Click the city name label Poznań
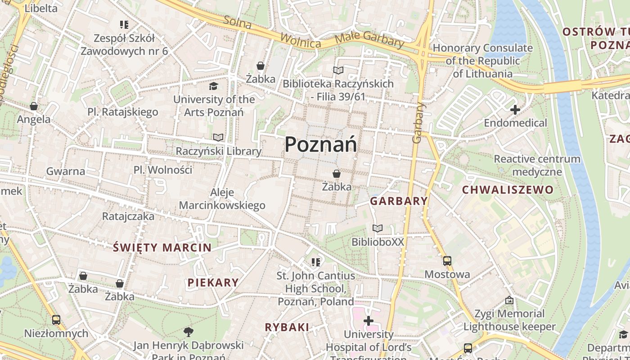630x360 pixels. pos(321,144)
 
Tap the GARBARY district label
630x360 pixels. pos(399,201)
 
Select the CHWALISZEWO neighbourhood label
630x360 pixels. pos(508,189)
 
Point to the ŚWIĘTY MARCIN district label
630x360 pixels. pos(162,247)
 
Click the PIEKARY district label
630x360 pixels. pos(213,283)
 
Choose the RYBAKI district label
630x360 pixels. pos(287,327)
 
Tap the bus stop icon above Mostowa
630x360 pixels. pos(447,261)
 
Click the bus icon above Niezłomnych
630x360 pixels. pos(56,320)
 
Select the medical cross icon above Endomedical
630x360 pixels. pos(515,109)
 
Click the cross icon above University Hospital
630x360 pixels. pos(369,321)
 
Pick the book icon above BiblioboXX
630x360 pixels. pos(378,229)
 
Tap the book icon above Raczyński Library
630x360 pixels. pos(218,137)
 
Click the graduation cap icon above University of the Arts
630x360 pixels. pos(214,86)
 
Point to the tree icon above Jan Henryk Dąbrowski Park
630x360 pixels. pos(189,332)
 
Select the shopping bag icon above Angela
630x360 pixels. pos(34,106)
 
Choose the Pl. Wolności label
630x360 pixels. pos(163,170)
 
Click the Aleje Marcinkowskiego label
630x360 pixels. pos(222,199)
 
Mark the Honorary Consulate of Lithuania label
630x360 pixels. pos(482,61)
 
